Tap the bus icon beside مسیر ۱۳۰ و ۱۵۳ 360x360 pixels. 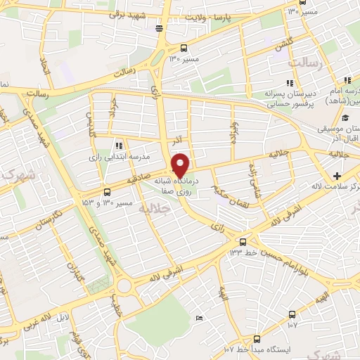coord(107,191)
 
